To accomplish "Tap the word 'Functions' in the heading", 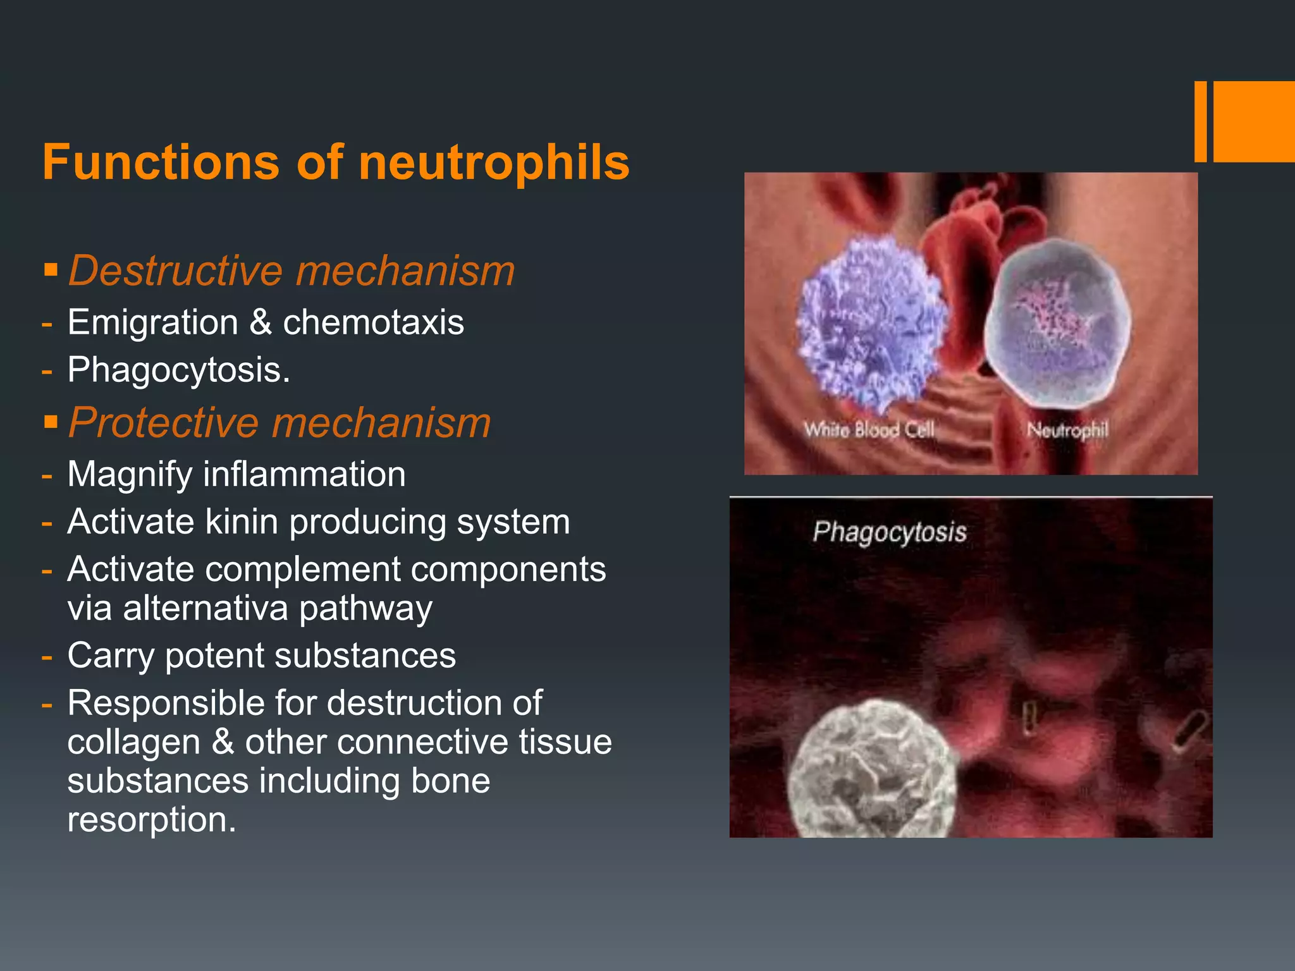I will tap(161, 162).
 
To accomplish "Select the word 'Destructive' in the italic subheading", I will tap(176, 271).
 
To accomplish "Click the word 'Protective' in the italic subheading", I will tap(164, 422).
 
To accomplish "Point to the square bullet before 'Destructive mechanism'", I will tap(51, 271).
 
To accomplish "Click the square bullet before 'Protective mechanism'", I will tap(51, 422).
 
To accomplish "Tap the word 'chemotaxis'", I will tap(373, 322).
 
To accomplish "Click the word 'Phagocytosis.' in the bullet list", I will tap(179, 370).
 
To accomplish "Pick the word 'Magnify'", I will tap(130, 475).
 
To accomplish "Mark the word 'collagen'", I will tap(133, 742).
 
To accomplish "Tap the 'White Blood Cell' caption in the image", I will tap(869, 431).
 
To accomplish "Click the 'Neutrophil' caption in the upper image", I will tap(1067, 431).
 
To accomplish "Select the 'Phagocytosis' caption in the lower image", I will tap(890, 532).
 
